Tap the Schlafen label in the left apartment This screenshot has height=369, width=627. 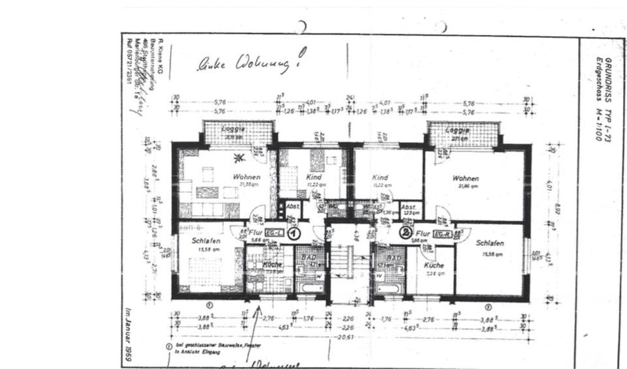(206, 241)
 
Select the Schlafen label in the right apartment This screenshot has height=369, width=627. (490, 242)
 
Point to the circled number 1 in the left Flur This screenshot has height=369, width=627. (295, 233)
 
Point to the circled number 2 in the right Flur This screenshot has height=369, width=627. (405, 231)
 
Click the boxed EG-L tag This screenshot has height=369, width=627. (275, 233)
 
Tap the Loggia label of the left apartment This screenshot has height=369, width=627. (233, 129)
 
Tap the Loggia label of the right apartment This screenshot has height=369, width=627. (457, 130)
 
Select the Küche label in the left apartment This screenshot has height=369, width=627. (272, 265)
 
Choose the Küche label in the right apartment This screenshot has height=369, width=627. (434, 265)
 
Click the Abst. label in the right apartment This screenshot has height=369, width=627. (409, 207)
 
